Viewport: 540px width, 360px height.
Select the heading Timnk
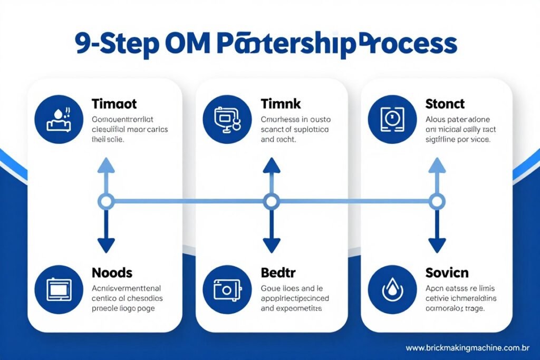click(x=280, y=104)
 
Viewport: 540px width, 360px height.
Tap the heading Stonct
click(x=445, y=104)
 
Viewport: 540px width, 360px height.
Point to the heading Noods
click(x=112, y=273)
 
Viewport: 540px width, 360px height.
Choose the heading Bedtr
click(x=278, y=273)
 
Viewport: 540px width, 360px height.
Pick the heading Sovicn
click(x=447, y=273)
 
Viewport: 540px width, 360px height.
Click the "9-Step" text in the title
click(x=117, y=45)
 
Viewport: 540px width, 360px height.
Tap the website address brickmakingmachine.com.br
click(x=468, y=348)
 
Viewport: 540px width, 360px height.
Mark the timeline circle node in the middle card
click(x=271, y=201)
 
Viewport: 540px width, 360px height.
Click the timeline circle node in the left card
click(x=106, y=201)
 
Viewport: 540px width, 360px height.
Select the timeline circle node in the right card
click(x=437, y=201)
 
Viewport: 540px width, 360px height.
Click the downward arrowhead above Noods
click(x=106, y=245)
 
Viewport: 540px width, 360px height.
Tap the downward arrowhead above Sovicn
click(x=437, y=245)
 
